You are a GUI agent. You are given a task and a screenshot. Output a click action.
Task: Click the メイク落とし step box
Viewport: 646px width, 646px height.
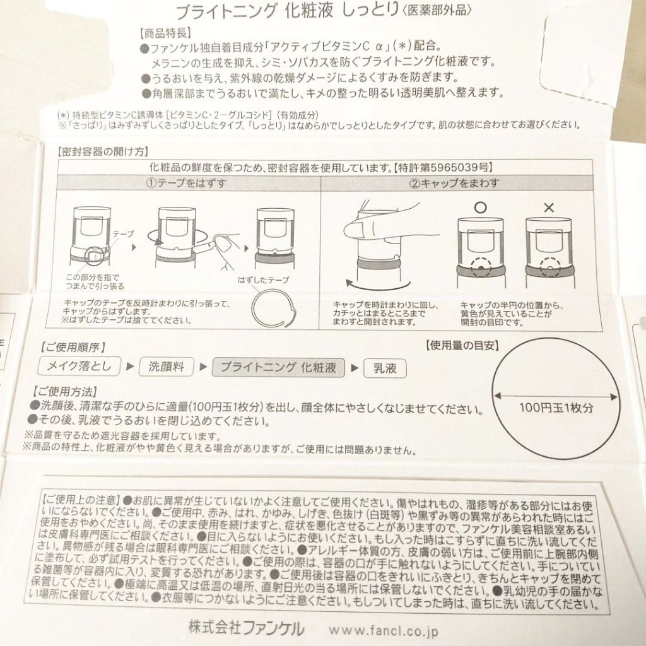(79, 366)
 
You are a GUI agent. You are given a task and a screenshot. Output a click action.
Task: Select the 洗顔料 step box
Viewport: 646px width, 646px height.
(167, 367)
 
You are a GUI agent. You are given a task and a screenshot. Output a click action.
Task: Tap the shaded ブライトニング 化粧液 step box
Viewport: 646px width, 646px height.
(278, 368)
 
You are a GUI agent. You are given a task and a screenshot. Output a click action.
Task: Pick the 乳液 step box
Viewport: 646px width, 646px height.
(385, 368)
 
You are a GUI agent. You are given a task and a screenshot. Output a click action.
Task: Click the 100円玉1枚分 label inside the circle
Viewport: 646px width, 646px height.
(556, 408)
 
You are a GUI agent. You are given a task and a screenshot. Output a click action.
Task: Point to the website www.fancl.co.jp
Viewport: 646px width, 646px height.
(383, 631)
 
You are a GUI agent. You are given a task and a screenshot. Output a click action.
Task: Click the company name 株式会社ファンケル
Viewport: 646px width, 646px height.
(247, 628)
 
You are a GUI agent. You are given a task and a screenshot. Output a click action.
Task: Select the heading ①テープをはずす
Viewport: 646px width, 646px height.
(186, 183)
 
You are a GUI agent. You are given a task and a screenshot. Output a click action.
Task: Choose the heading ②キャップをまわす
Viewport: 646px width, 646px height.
(454, 183)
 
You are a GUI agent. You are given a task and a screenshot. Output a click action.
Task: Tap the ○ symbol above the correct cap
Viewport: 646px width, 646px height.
(480, 207)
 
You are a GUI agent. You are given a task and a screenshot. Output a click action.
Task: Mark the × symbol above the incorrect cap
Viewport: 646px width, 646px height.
(549, 208)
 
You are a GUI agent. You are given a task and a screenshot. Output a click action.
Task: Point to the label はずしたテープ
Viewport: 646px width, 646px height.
(263, 280)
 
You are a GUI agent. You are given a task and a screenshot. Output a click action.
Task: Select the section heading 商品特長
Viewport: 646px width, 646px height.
(165, 33)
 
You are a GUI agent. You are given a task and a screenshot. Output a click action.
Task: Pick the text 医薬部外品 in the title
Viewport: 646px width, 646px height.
(437, 10)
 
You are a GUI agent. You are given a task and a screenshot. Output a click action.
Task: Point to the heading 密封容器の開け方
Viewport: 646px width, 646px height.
(103, 151)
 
